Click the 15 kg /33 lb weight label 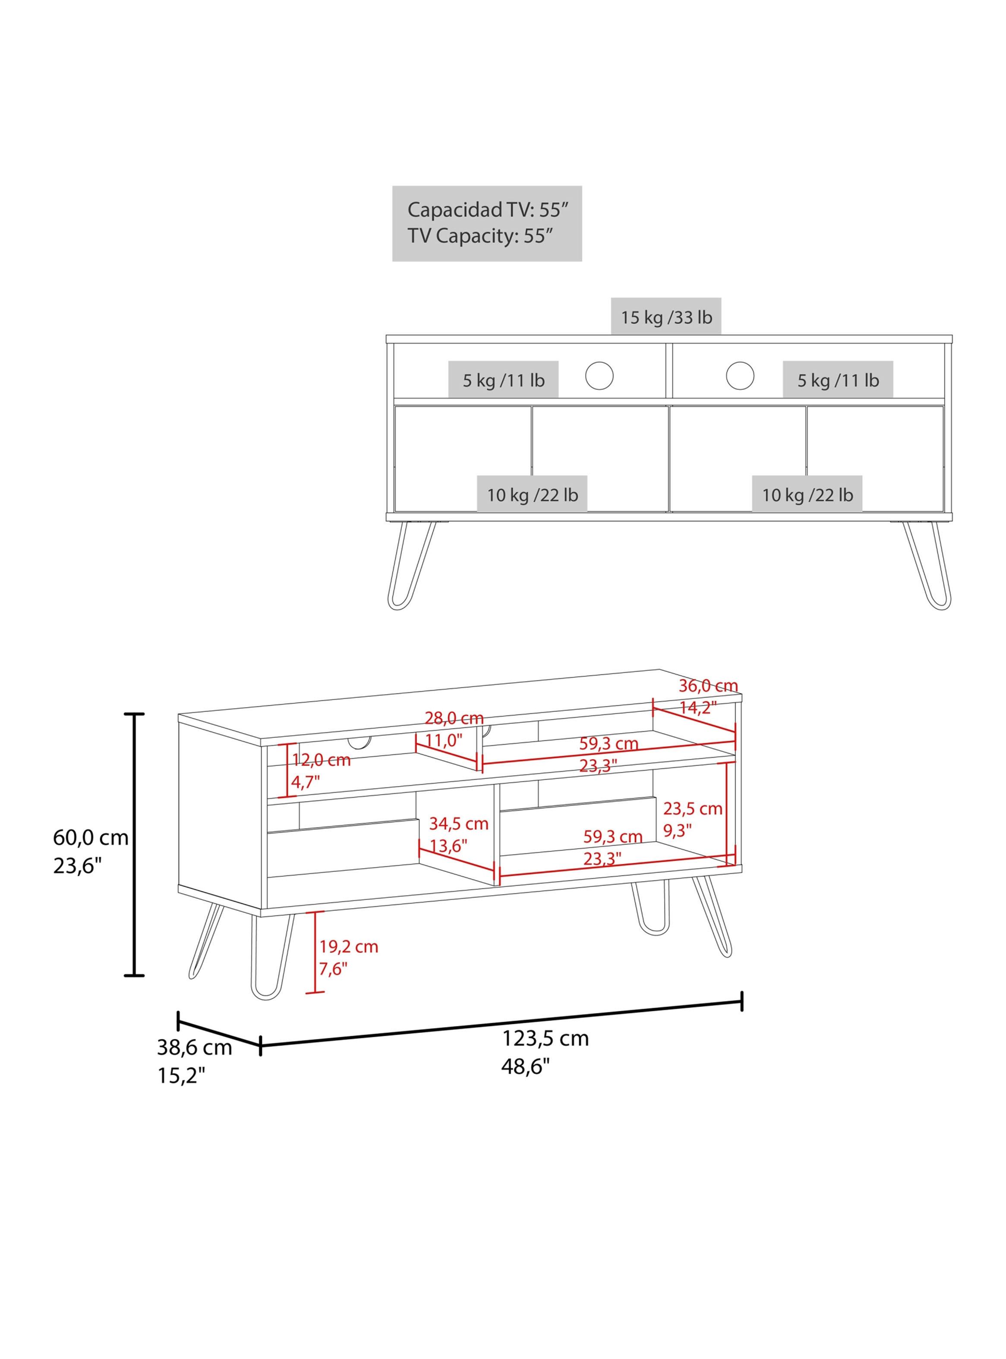pyautogui.click(x=666, y=317)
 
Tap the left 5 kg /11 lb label pyautogui.click(x=504, y=381)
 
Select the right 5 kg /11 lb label pyautogui.click(x=839, y=381)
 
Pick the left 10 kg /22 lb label pyautogui.click(x=532, y=495)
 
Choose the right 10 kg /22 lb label pyautogui.click(x=807, y=495)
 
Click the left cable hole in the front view pyautogui.click(x=599, y=375)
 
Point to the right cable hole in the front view pyautogui.click(x=740, y=375)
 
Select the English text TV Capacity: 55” pyautogui.click(x=480, y=236)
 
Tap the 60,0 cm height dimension pyautogui.click(x=91, y=838)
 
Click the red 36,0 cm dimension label pyautogui.click(x=708, y=686)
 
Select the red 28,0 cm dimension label pyautogui.click(x=454, y=718)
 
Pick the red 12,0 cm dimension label pyautogui.click(x=322, y=760)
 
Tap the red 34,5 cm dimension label pyautogui.click(x=458, y=824)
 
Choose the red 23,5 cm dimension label pyautogui.click(x=692, y=809)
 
